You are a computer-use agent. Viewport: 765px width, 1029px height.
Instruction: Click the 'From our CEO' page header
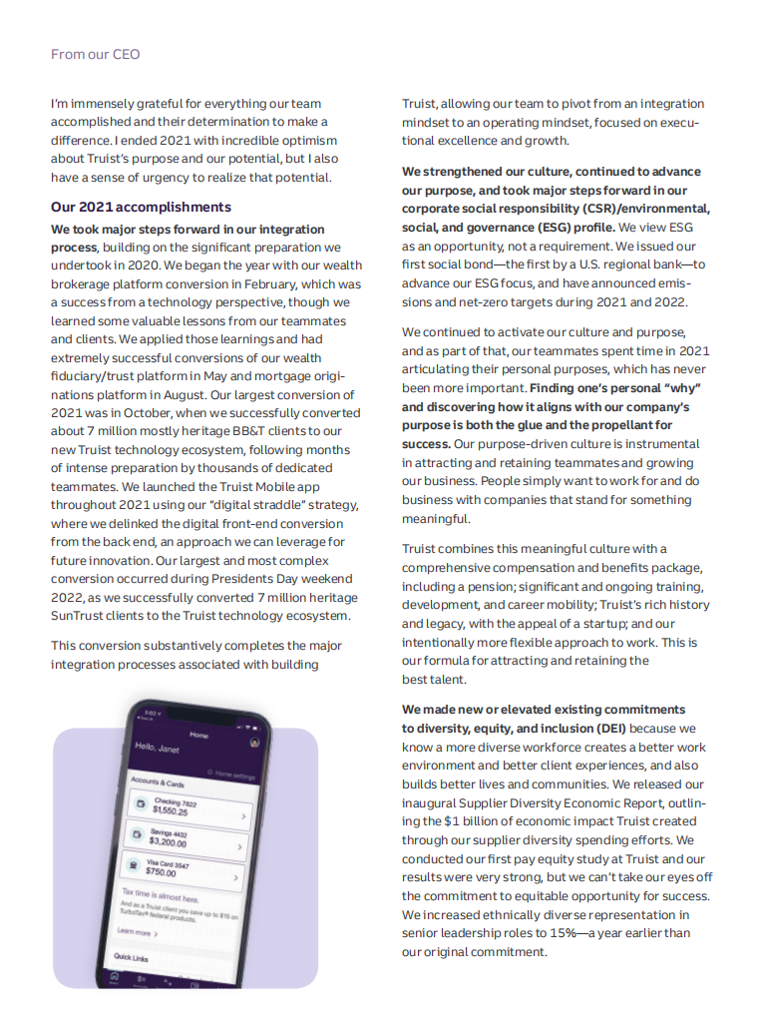pos(95,54)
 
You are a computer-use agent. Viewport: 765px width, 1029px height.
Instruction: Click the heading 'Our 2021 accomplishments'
pos(141,207)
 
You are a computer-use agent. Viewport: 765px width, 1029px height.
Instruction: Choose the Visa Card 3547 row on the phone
pos(185,867)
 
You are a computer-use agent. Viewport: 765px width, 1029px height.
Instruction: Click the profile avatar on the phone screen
pos(255,743)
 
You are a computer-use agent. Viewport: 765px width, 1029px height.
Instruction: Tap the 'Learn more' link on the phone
pos(136,932)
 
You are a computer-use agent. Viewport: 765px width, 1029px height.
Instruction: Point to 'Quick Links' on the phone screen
pos(131,956)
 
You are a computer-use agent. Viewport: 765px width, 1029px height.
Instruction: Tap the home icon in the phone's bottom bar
pos(117,977)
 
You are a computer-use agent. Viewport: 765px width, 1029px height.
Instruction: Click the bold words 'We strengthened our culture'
pos(486,172)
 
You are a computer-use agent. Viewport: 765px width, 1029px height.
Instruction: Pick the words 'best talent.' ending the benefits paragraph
pos(434,679)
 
